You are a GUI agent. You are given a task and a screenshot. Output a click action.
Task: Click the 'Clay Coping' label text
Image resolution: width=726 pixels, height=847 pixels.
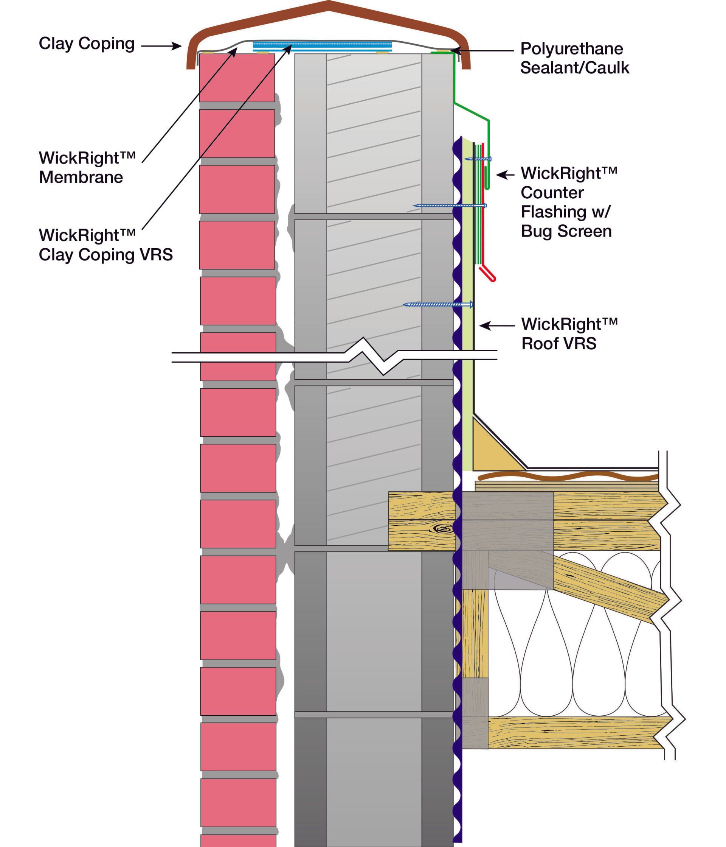[x=87, y=44]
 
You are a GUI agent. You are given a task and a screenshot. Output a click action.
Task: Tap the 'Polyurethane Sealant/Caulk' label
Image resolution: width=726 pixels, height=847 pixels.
[x=574, y=58]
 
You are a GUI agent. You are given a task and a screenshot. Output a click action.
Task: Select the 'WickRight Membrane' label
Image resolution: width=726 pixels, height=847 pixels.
[x=87, y=168]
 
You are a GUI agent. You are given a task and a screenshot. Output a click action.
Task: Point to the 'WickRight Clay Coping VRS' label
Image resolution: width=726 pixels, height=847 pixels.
[x=105, y=245]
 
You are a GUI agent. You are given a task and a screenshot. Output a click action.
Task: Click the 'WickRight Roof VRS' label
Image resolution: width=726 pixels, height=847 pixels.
[x=569, y=333]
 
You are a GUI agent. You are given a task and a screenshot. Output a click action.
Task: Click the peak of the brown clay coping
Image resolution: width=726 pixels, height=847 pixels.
[x=329, y=5]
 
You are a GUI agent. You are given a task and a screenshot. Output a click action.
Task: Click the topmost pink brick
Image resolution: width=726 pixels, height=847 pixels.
[x=237, y=78]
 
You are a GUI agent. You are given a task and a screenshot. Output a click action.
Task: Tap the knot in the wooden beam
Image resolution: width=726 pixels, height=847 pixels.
[x=443, y=530]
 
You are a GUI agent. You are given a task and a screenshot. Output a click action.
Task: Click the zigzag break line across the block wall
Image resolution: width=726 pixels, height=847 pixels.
[x=365, y=354]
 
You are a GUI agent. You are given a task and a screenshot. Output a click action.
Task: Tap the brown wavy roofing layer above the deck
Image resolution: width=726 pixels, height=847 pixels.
[x=568, y=476]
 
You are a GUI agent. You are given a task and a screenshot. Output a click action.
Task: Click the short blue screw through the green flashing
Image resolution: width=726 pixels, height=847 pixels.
[x=482, y=159]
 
